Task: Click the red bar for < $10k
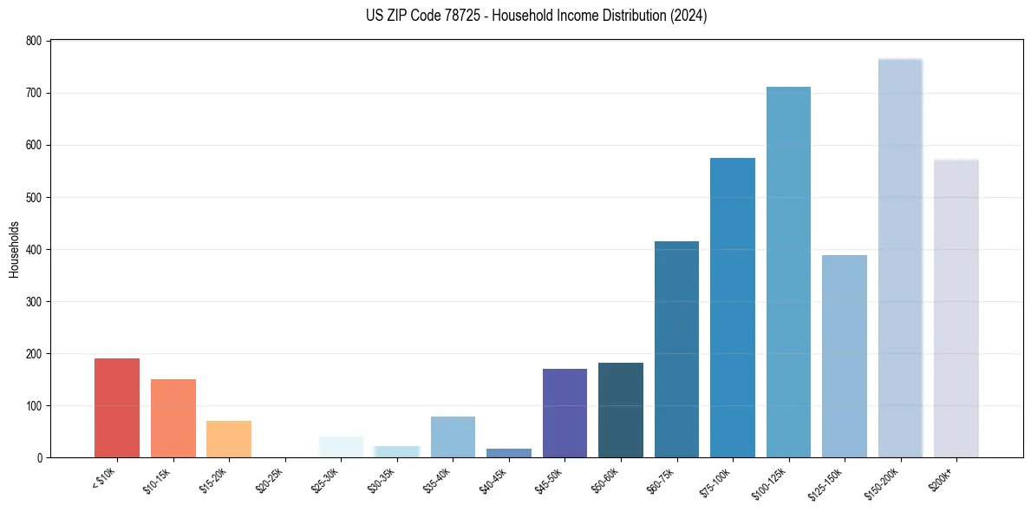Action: pyautogui.click(x=116, y=408)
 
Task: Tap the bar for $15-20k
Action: pyautogui.click(x=229, y=439)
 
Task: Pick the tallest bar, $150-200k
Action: pyautogui.click(x=900, y=260)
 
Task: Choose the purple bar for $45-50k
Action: pyautogui.click(x=564, y=413)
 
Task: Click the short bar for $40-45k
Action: pyautogui.click(x=509, y=453)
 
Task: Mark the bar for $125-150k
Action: pyautogui.click(x=845, y=356)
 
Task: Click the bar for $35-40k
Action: pyautogui.click(x=453, y=437)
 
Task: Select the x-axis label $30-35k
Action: pyautogui.click(x=383, y=480)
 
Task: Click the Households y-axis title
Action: pyautogui.click(x=14, y=249)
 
